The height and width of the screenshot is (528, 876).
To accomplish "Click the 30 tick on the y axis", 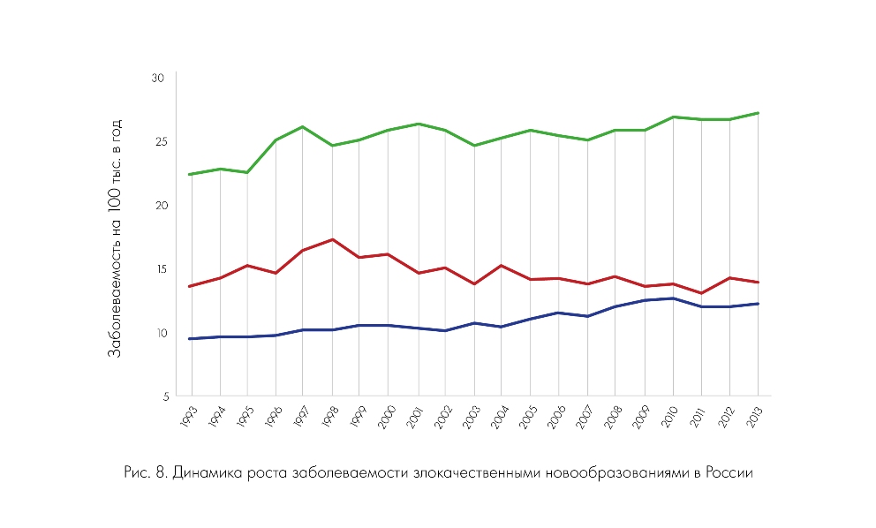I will tap(158, 79).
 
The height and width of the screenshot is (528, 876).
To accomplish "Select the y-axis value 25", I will tap(158, 142).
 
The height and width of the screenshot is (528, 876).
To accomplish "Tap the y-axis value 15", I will tap(158, 269).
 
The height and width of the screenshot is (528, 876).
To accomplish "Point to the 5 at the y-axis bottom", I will tap(162, 396).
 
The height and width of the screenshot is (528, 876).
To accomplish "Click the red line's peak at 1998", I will tap(331, 239).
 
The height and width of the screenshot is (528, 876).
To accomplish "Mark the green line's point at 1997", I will tap(303, 126).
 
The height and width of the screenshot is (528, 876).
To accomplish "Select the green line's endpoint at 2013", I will tap(759, 113).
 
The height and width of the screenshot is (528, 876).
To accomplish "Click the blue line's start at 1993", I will tap(190, 338).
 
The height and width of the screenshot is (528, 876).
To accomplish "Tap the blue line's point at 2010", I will tap(674, 298).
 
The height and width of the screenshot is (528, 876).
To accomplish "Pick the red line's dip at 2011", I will tap(702, 293).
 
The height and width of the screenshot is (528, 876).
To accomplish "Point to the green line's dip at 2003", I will tap(474, 146).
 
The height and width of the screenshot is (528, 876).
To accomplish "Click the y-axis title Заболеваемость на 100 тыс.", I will tap(115, 238).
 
